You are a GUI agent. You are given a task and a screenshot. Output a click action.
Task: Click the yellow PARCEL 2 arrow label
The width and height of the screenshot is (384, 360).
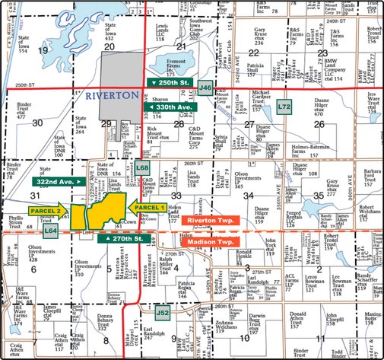point(48,211)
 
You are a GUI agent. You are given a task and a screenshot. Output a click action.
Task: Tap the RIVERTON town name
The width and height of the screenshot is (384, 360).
point(112,97)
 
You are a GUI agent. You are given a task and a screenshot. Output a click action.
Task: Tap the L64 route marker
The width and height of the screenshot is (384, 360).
point(51,229)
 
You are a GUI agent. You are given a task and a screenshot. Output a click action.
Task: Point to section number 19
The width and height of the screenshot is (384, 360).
point(43,49)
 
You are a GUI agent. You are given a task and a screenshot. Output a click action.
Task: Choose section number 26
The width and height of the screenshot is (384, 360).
point(319,123)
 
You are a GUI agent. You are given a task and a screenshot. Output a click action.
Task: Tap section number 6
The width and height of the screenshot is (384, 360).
point(33,269)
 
